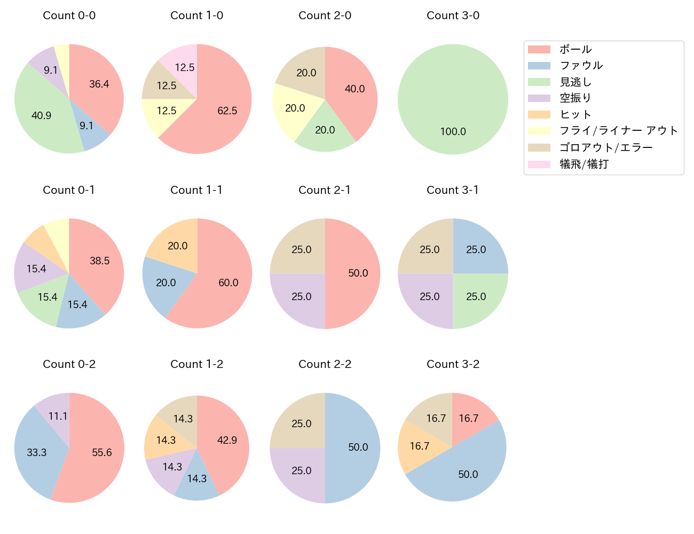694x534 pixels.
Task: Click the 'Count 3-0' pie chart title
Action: click(453, 15)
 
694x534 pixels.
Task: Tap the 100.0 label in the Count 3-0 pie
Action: click(453, 131)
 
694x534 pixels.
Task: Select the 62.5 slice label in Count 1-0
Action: click(227, 111)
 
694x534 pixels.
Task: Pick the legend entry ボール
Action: click(575, 49)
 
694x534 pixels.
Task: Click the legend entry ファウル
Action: click(581, 65)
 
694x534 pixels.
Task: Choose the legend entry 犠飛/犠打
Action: click(583, 164)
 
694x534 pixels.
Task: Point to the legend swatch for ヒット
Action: click(539, 114)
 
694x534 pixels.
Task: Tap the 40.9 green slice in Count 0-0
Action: click(41, 115)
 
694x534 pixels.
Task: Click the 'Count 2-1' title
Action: click(325, 190)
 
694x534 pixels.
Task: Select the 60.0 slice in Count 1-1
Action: click(228, 282)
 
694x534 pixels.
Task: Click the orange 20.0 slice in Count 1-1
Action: click(177, 246)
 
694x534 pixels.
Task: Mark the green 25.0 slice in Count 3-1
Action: click(476, 296)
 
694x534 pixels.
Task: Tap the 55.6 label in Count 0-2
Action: click(101, 452)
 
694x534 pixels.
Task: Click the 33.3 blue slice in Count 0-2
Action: click(36, 452)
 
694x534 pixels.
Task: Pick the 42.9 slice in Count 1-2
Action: click(227, 440)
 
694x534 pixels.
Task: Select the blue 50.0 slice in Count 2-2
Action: click(358, 447)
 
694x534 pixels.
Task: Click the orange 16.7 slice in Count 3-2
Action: click(419, 446)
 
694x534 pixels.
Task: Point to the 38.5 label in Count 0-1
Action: click(99, 261)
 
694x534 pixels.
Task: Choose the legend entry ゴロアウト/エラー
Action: click(606, 147)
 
